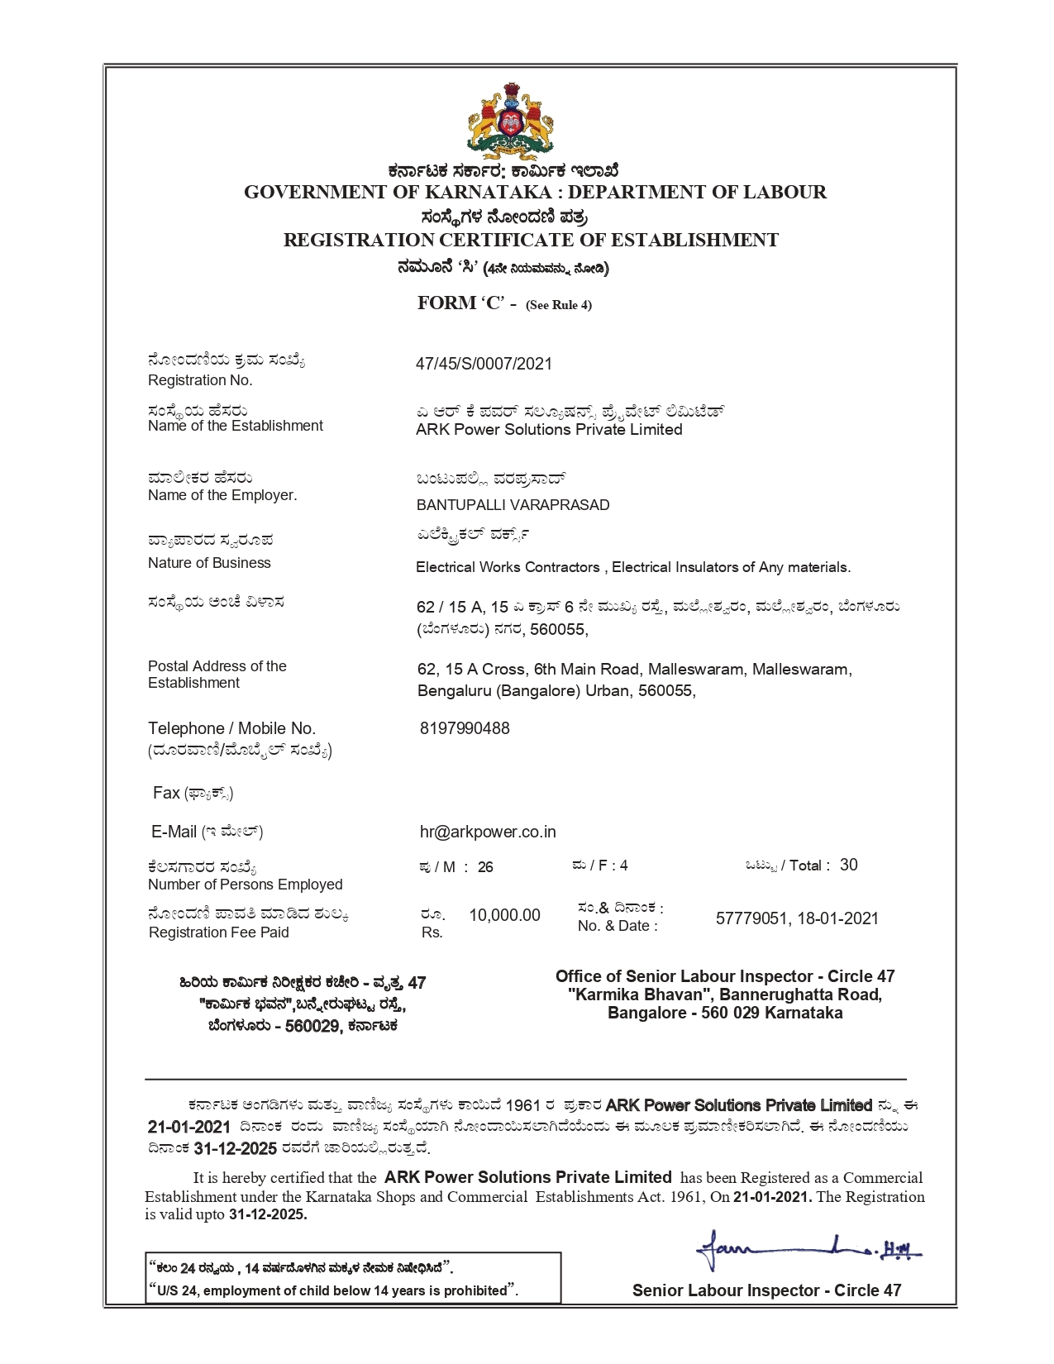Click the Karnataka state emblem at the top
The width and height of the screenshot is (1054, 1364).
pyautogui.click(x=510, y=122)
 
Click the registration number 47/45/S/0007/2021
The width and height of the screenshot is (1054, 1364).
pyautogui.click(x=484, y=364)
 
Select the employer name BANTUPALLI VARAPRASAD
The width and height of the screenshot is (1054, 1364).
pyautogui.click(x=513, y=504)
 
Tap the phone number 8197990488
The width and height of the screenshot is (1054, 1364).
pyautogui.click(x=465, y=728)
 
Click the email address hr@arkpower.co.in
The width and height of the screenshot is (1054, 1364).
pyautogui.click(x=488, y=832)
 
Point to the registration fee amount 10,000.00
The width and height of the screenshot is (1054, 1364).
pyautogui.click(x=504, y=915)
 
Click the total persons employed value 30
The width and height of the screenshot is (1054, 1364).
pyautogui.click(x=848, y=865)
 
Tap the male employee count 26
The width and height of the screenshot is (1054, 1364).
pyautogui.click(x=485, y=867)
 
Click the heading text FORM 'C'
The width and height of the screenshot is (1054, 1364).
pyautogui.click(x=460, y=303)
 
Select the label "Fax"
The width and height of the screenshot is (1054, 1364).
pyautogui.click(x=166, y=793)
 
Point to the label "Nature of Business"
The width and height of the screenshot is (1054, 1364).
pyautogui.click(x=209, y=563)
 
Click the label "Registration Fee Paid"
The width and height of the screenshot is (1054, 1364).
pyautogui.click(x=219, y=932)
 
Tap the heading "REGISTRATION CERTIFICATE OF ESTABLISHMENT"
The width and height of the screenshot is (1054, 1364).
pyautogui.click(x=531, y=241)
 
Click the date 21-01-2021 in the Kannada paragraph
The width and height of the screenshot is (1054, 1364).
pyautogui.click(x=188, y=1126)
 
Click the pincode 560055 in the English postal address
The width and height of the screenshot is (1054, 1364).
pyautogui.click(x=665, y=690)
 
